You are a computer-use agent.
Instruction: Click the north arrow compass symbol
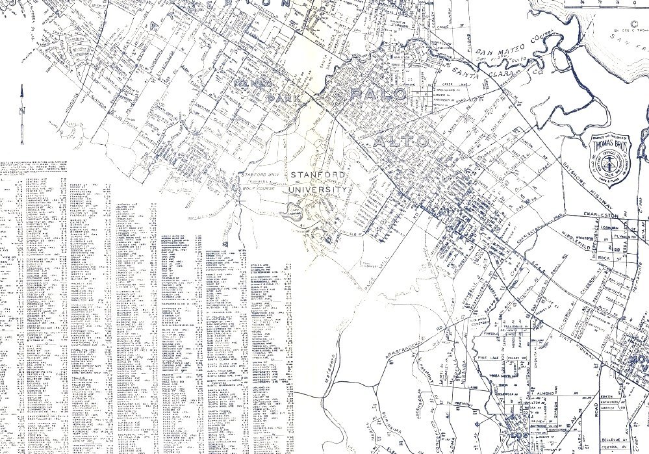coord(22,114)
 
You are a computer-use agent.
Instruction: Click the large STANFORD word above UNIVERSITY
coord(318,175)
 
